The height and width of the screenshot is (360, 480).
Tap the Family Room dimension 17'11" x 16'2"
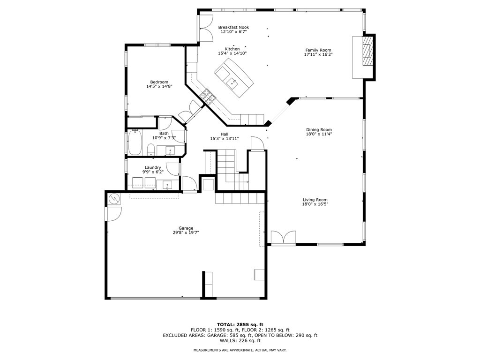pyautogui.click(x=318, y=55)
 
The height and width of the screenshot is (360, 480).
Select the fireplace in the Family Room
pyautogui.click(x=368, y=52)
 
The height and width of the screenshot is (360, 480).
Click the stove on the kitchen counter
pyautogui.click(x=208, y=97)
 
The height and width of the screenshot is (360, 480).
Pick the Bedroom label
pyautogui.click(x=159, y=82)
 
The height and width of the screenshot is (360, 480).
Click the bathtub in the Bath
pyautogui.click(x=135, y=142)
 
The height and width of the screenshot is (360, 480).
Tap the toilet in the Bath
pyautogui.click(x=151, y=150)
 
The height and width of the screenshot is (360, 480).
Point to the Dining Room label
pyautogui.click(x=319, y=130)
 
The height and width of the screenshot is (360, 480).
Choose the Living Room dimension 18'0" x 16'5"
pyautogui.click(x=315, y=204)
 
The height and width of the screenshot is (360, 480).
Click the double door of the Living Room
pyautogui.click(x=283, y=238)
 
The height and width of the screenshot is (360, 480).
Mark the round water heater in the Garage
pyautogui.click(x=114, y=199)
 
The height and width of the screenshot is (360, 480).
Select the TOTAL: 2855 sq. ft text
pyautogui.click(x=240, y=324)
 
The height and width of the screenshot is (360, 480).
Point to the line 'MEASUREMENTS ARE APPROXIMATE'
pyautogui.click(x=240, y=350)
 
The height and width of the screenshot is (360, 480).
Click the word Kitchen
pyautogui.click(x=232, y=49)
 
